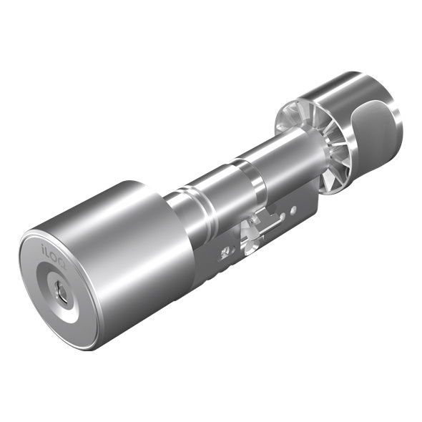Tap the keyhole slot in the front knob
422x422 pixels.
tap(62, 293)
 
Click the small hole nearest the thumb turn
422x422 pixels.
tap(294, 209)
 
